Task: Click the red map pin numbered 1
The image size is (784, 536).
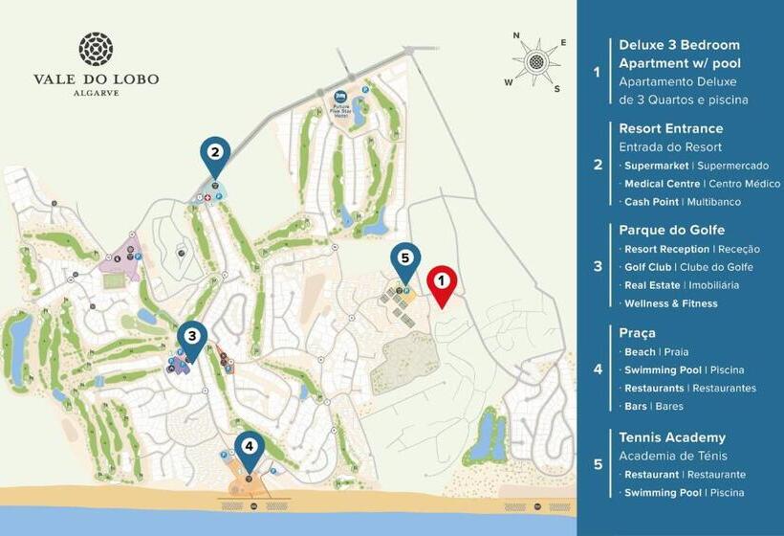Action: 441,282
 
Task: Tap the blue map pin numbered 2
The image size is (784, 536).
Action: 215,153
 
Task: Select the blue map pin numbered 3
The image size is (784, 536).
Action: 191,337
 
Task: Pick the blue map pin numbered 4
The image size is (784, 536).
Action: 249,447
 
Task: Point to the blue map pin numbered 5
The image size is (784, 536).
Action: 404,259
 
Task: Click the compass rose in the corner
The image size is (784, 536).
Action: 538,61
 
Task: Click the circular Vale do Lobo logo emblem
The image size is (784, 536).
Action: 96,49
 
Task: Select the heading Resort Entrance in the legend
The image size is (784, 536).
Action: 670,128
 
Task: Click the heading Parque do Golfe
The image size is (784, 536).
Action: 671,230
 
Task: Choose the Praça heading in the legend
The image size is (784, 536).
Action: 637,332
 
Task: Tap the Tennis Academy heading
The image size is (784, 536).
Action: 672,437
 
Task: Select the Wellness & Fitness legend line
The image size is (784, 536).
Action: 670,303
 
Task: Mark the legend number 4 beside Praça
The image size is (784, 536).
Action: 598,368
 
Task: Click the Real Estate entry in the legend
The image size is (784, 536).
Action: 652,285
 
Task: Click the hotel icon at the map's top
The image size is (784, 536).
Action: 341,98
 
